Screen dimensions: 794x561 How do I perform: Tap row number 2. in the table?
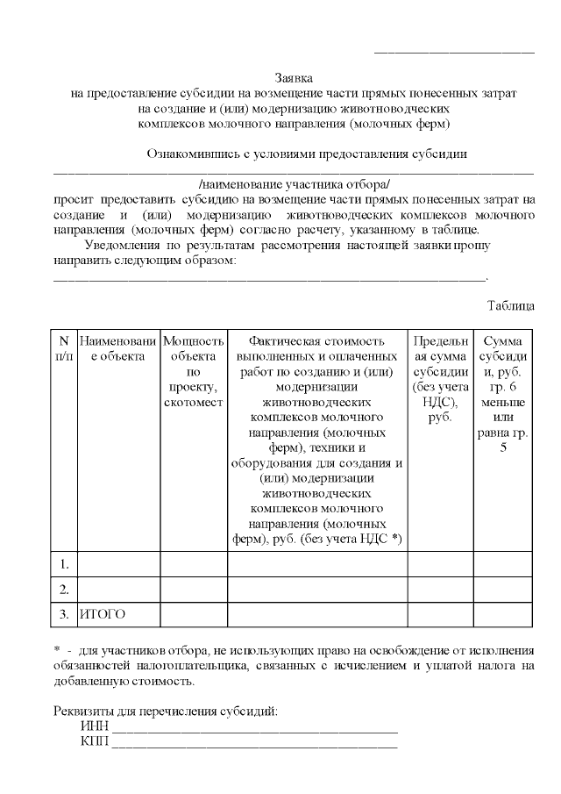click(x=63, y=588)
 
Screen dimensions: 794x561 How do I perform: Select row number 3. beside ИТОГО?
click(x=63, y=614)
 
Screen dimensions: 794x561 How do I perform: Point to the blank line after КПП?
click(x=254, y=746)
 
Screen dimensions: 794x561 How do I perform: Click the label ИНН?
click(x=93, y=726)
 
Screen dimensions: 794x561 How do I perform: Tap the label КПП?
click(x=93, y=742)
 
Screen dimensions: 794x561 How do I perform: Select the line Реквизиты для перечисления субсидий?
click(x=166, y=710)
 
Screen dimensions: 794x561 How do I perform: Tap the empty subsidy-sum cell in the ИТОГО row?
click(x=502, y=614)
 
